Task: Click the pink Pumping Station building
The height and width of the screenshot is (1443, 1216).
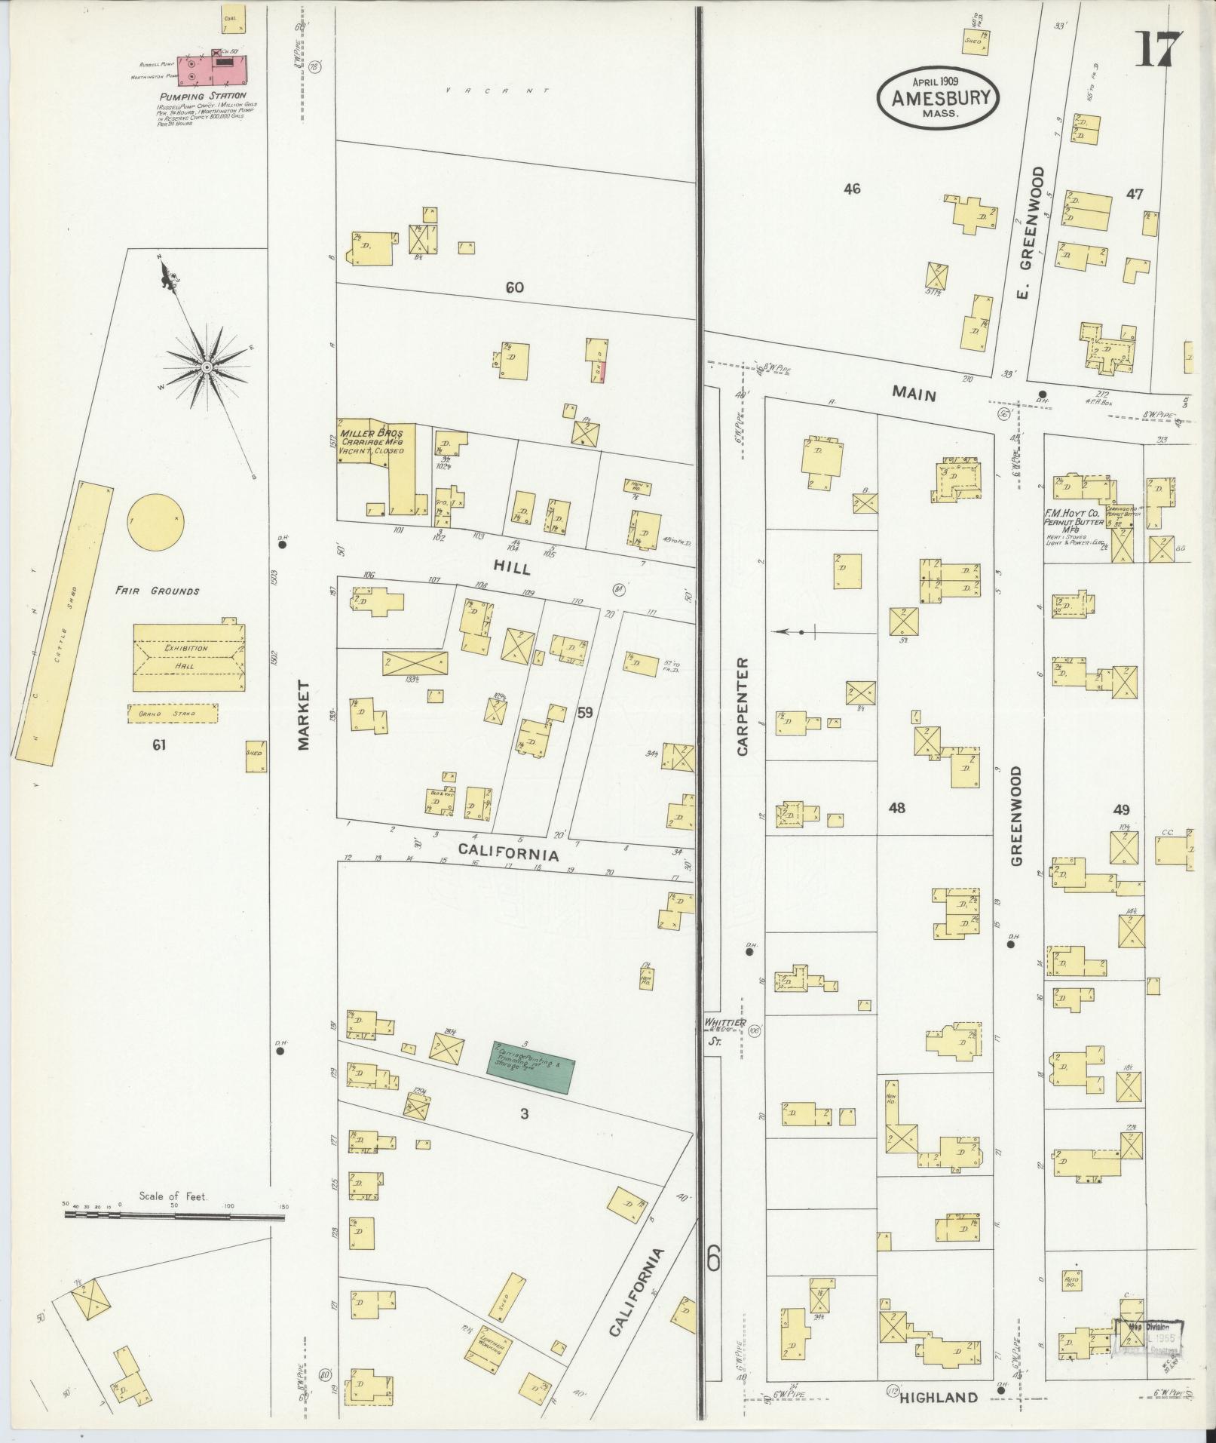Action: [x=212, y=69]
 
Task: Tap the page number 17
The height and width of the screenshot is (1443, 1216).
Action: [x=1157, y=51]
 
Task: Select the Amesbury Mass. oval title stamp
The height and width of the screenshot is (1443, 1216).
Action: [x=937, y=98]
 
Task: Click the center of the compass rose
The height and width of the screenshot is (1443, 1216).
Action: [x=205, y=367]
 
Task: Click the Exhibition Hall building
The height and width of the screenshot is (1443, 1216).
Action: [x=188, y=657]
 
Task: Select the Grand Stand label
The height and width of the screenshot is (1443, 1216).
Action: [x=173, y=713]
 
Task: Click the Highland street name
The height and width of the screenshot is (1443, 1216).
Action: [x=939, y=1397]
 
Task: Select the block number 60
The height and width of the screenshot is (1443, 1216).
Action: [x=516, y=287]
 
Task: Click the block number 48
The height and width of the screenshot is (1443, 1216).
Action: [x=896, y=809]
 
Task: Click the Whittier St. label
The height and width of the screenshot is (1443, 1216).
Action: [x=724, y=1027]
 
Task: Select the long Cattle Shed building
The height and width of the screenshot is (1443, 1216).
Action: [x=62, y=620]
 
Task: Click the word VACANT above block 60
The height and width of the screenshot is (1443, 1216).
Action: [x=496, y=91]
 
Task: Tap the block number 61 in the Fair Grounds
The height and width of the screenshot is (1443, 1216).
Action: [x=159, y=745]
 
